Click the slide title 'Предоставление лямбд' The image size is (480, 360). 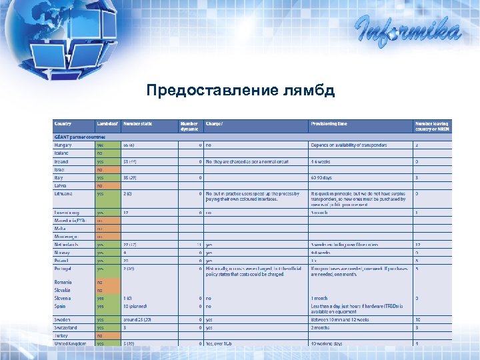(x=240, y=90)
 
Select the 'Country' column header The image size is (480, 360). (x=63, y=124)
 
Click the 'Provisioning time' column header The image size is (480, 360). (x=329, y=124)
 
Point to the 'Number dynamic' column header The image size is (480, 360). (x=189, y=126)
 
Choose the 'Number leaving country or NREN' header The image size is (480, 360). (x=432, y=126)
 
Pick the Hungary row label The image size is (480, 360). (x=64, y=145)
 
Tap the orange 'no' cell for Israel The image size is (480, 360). (x=100, y=169)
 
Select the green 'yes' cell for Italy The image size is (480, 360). (x=101, y=178)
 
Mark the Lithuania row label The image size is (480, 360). (x=65, y=193)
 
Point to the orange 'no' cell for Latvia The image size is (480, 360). (x=100, y=185)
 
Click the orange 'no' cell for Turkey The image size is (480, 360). (x=100, y=335)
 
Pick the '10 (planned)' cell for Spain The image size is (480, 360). (x=135, y=305)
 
